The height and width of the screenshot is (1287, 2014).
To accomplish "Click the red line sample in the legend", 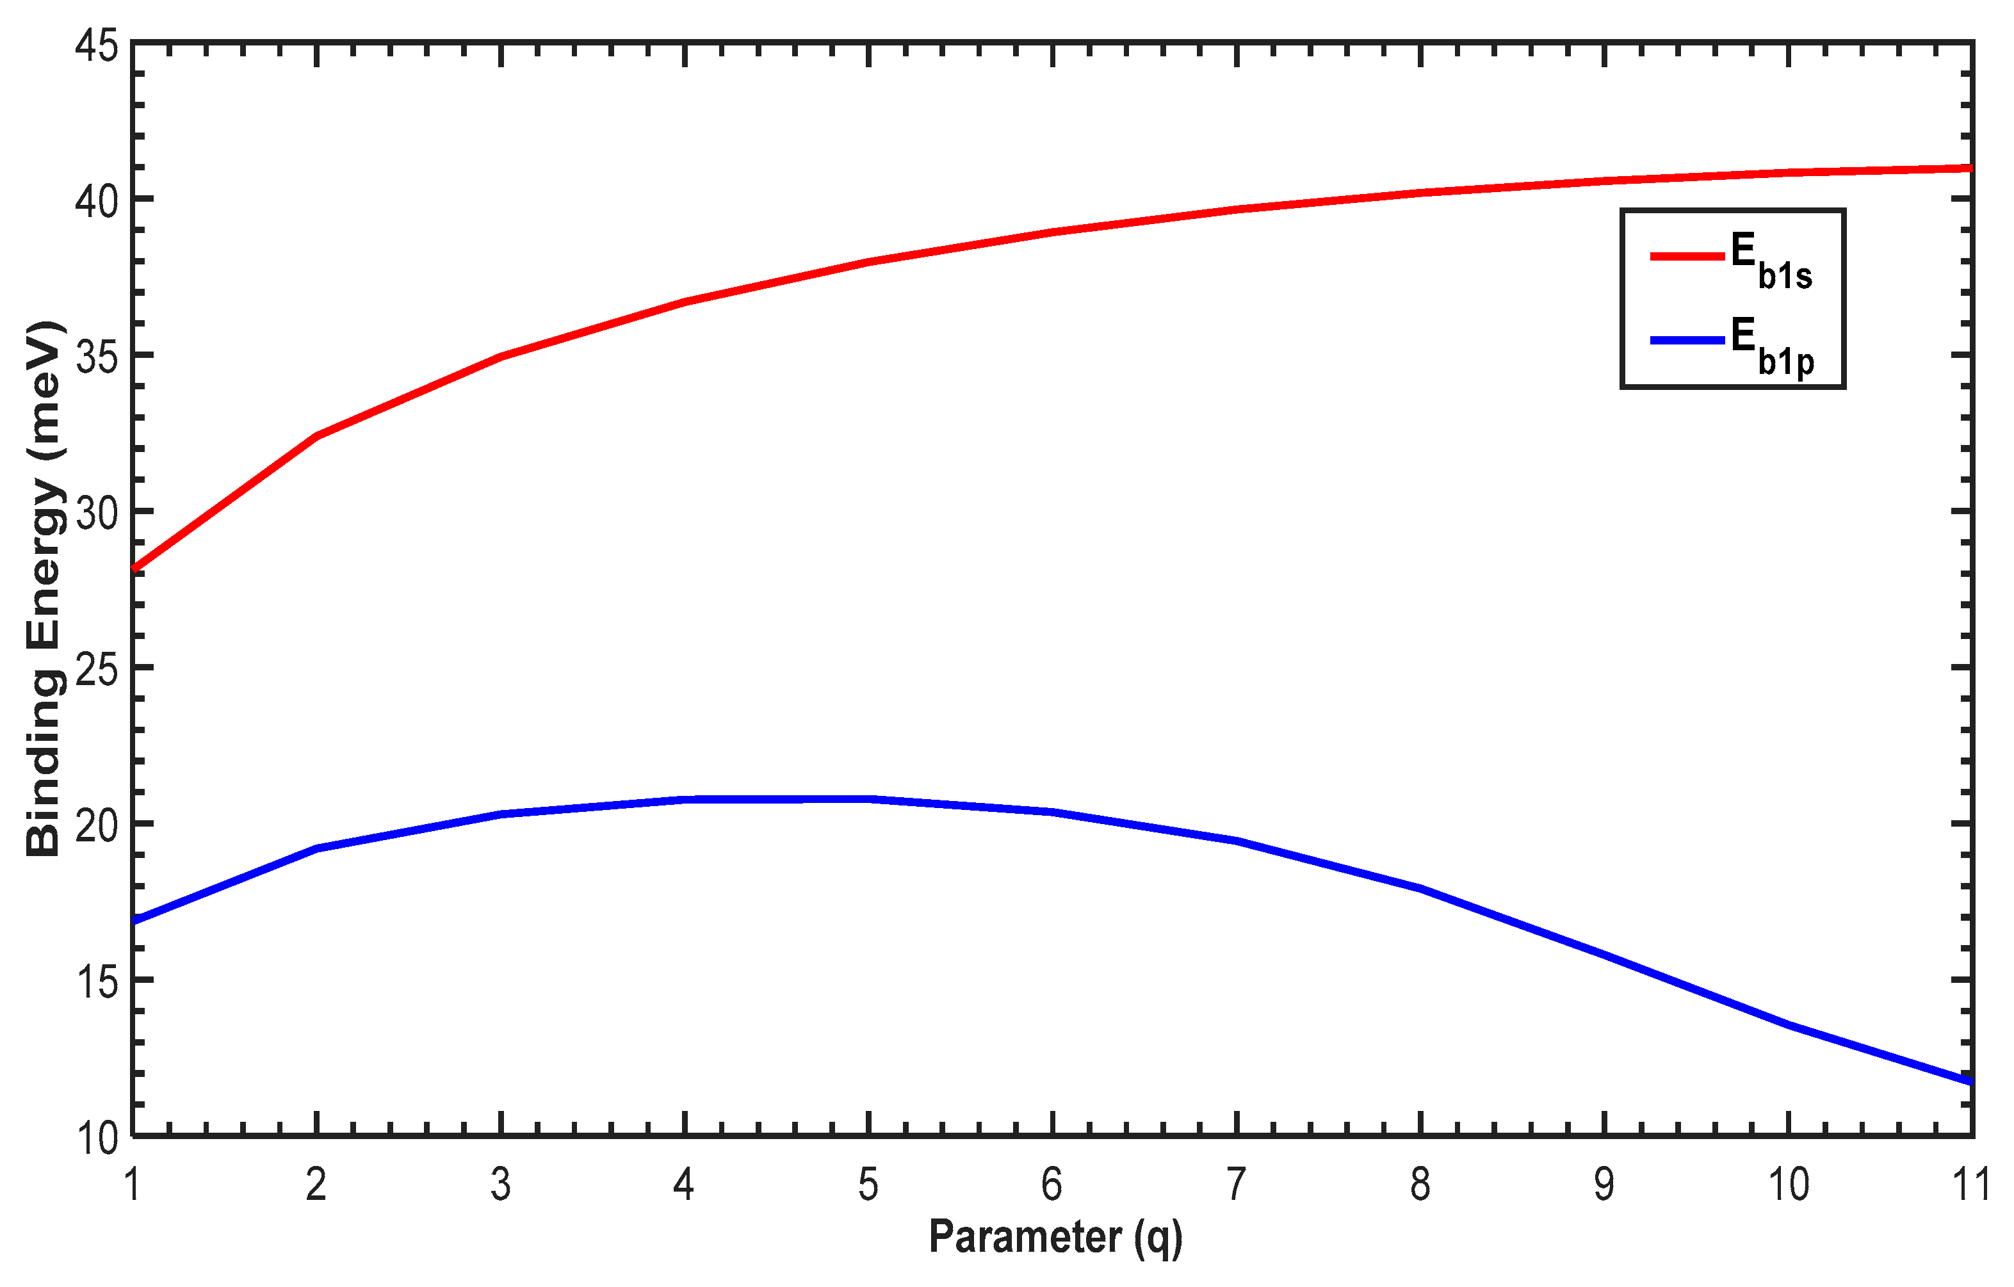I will pyautogui.click(x=1687, y=256).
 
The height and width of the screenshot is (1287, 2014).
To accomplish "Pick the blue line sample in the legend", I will pyautogui.click(x=1687, y=341).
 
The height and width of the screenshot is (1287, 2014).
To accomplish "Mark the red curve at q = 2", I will pyautogui.click(x=317, y=435).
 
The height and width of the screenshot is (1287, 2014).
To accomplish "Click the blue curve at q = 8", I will pyautogui.click(x=1420, y=889).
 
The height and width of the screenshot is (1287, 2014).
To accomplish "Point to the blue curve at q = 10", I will pyautogui.click(x=1788, y=1024).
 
